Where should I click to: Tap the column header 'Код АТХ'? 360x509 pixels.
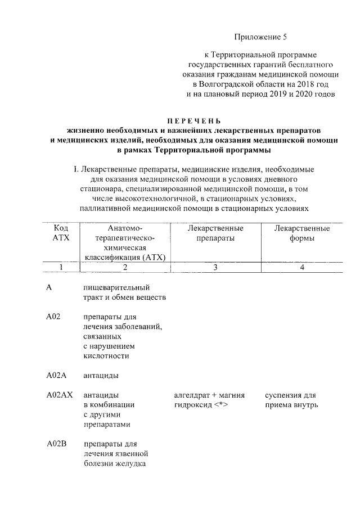(61, 233)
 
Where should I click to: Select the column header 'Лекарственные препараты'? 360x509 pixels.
(215, 233)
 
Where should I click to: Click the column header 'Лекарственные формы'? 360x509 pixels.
(301, 233)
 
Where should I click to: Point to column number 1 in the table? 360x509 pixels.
(61, 267)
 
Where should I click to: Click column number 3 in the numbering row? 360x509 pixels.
(215, 267)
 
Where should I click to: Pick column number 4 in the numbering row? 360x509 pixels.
(302, 267)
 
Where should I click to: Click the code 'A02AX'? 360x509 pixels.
(60, 395)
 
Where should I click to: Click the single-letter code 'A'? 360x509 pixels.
(49, 287)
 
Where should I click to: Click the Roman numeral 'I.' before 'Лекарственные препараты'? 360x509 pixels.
(76, 169)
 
